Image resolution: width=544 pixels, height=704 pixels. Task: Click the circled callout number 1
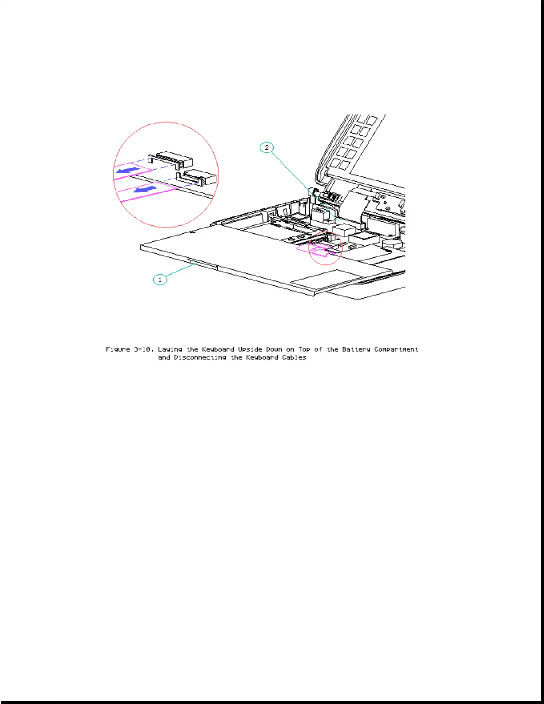(x=160, y=280)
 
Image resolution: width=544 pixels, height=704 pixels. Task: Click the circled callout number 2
(x=267, y=148)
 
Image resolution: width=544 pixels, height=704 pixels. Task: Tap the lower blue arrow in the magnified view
(x=145, y=190)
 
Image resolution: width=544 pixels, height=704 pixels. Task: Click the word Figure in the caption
(x=118, y=349)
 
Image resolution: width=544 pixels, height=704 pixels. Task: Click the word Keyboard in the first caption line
(x=218, y=349)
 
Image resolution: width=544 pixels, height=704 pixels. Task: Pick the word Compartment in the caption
(x=396, y=349)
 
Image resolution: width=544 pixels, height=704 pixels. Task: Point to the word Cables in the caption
(x=294, y=357)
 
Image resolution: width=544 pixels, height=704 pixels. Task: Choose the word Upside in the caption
(x=250, y=349)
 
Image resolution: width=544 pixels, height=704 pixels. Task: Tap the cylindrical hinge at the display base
(x=313, y=192)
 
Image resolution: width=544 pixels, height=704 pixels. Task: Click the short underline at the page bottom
(x=88, y=700)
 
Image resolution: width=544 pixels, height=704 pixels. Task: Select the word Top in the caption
(x=304, y=349)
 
